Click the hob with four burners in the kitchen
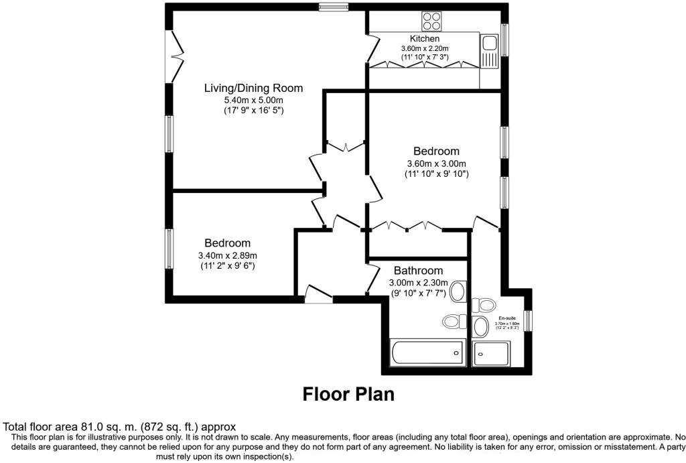pyautogui.click(x=431, y=21)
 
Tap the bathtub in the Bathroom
pyautogui.click(x=427, y=352)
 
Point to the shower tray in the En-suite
pyautogui.click(x=491, y=353)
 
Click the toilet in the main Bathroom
pyautogui.click(x=455, y=322)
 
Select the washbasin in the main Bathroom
pyautogui.click(x=458, y=291)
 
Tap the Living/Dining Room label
pyautogui.click(x=253, y=88)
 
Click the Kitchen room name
pyautogui.click(x=424, y=39)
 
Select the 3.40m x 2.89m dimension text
pyautogui.click(x=228, y=255)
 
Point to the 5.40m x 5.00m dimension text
pyautogui.click(x=253, y=100)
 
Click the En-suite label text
pyautogui.click(x=507, y=318)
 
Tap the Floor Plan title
pyautogui.click(x=348, y=393)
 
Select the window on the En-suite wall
pyautogui.click(x=527, y=320)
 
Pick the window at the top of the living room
pyautogui.click(x=333, y=7)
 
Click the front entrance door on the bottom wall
pyautogui.click(x=318, y=295)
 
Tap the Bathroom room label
pyautogui.click(x=418, y=271)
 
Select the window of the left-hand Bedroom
pyautogui.click(x=170, y=249)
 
